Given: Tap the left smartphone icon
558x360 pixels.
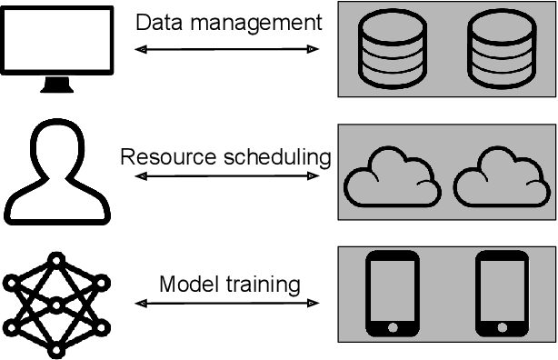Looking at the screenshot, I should click(393, 293).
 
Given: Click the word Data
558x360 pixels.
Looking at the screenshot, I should click(154, 23).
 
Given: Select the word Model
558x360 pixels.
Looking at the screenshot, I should click(184, 284).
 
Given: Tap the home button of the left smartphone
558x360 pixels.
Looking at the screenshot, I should click(393, 325).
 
